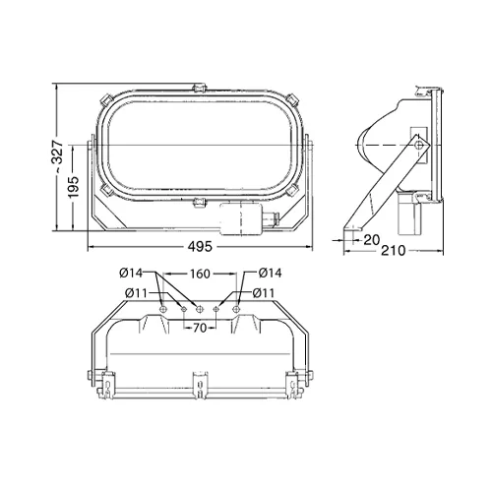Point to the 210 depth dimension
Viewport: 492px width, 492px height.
coord(393,249)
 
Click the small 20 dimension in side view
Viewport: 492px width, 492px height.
coord(371,237)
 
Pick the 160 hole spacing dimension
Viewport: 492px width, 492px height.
coord(198,274)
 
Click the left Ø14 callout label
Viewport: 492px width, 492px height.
coord(136,274)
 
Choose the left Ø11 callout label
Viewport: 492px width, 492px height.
coord(136,292)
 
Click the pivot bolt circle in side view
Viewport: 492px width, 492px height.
coord(420,146)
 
